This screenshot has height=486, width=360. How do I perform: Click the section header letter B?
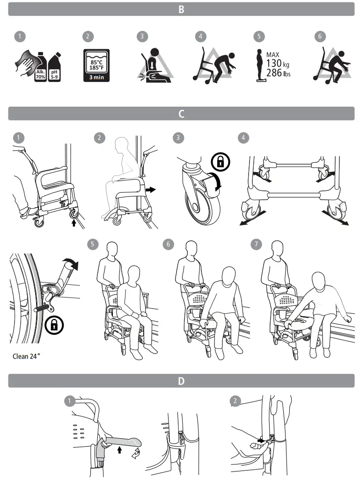(x=181, y=9)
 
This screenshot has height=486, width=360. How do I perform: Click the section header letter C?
(x=181, y=114)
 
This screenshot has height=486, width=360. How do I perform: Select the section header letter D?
(x=181, y=381)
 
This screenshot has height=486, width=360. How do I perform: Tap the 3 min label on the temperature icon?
(x=96, y=78)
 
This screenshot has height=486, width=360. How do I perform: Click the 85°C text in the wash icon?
(x=96, y=62)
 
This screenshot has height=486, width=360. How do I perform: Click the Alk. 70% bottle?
(x=40, y=70)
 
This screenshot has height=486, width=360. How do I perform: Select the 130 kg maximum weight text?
(x=278, y=63)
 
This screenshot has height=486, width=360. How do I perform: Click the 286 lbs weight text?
(x=278, y=73)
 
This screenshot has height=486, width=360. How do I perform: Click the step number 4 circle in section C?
(x=242, y=138)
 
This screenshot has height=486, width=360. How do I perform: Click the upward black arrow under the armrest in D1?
(x=119, y=450)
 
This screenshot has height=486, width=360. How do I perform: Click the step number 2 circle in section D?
(x=235, y=401)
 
